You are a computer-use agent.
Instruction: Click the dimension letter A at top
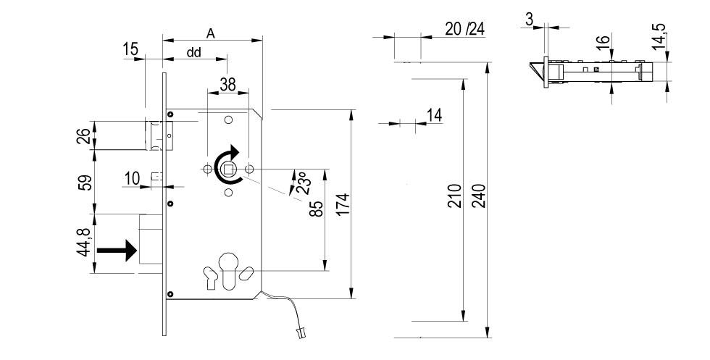(211, 33)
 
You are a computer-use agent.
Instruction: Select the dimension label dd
(194, 52)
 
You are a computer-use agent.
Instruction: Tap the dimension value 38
(227, 84)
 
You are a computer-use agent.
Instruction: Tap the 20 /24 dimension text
(464, 29)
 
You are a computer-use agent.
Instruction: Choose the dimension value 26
(84, 135)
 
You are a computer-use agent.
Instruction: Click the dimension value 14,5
(659, 35)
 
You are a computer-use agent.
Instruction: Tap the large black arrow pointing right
(117, 251)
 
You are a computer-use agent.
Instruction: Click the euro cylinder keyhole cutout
(228, 270)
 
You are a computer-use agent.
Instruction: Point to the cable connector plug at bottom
(298, 334)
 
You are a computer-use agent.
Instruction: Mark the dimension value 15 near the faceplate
(131, 49)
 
